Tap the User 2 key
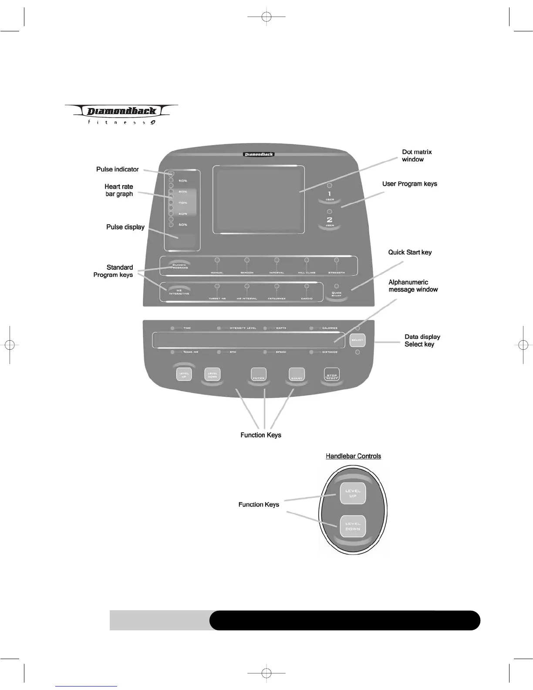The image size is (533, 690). pyautogui.click(x=330, y=222)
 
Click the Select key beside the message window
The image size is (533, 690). pyautogui.click(x=357, y=340)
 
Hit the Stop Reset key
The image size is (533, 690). pyautogui.click(x=332, y=375)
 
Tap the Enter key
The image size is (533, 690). pyautogui.click(x=259, y=375)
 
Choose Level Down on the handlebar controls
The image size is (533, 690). pyautogui.click(x=353, y=526)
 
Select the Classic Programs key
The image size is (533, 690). pyautogui.click(x=179, y=265)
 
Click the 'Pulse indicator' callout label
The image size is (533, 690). pyautogui.click(x=118, y=169)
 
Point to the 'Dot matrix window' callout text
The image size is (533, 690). pyautogui.click(x=417, y=156)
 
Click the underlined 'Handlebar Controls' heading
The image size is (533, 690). pyautogui.click(x=353, y=456)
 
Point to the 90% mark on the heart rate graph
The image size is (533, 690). pyautogui.click(x=183, y=181)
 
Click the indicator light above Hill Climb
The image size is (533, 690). pyautogui.click(x=307, y=260)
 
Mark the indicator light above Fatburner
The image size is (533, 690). pyautogui.click(x=277, y=287)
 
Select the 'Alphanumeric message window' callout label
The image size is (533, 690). pyautogui.click(x=413, y=286)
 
